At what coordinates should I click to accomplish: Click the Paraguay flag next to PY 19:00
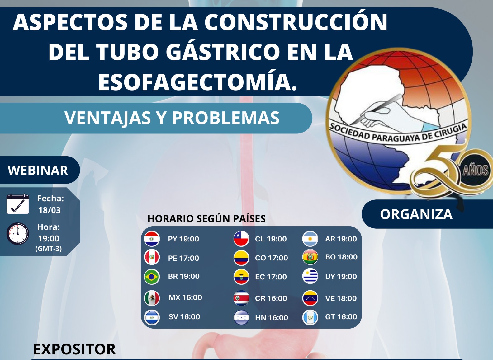[x=152, y=239]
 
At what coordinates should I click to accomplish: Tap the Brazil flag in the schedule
[x=152, y=276]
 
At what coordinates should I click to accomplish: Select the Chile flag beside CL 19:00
[x=241, y=239]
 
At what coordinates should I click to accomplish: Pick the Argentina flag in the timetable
[x=310, y=239]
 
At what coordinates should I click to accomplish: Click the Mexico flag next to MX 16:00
[x=152, y=298]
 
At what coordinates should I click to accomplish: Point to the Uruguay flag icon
[x=310, y=276]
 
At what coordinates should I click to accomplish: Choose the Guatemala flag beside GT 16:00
[x=310, y=317]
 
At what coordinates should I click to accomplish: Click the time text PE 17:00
[x=183, y=258]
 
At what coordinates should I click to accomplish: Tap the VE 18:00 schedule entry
[x=341, y=298]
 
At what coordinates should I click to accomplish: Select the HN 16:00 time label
[x=271, y=317]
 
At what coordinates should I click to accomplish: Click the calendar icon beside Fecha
[x=18, y=204]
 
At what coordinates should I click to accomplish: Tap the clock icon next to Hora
[x=18, y=234]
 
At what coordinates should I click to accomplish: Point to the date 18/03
[x=50, y=210]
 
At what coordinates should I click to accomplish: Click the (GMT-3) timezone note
[x=48, y=249]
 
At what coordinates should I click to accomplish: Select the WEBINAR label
[x=38, y=170]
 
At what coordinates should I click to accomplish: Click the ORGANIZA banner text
[x=416, y=214]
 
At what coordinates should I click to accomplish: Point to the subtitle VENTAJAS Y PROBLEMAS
[x=172, y=118]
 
